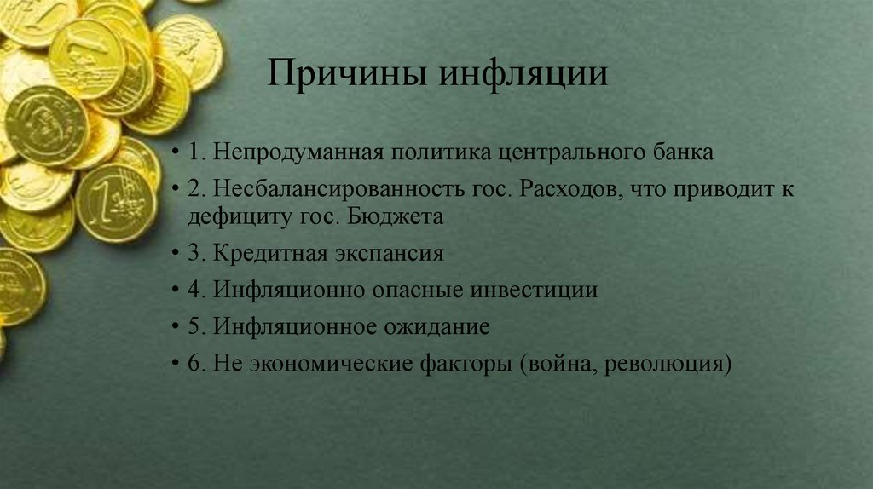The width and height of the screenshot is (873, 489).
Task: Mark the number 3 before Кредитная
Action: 195,254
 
